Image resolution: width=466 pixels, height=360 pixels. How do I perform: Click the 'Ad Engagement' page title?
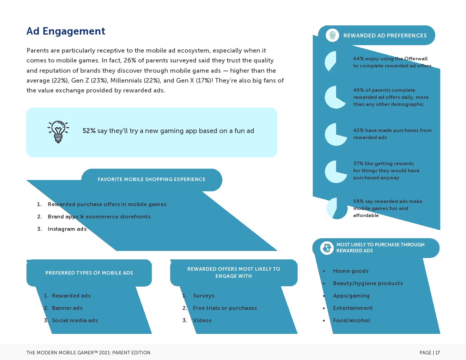(x=66, y=31)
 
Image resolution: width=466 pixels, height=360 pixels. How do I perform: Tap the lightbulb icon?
(x=58, y=132)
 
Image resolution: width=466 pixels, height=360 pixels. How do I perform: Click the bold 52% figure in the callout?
(x=89, y=131)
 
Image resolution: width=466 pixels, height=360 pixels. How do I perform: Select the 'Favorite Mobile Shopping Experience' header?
(x=151, y=179)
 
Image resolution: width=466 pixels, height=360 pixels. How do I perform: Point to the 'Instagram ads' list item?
(x=67, y=229)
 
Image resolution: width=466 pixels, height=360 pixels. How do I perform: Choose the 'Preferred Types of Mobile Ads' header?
(x=89, y=273)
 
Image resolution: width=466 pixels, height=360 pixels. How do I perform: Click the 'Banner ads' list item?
(x=67, y=308)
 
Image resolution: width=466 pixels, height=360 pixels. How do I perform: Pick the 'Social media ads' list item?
(x=74, y=320)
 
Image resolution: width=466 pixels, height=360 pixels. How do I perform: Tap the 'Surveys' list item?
(x=204, y=296)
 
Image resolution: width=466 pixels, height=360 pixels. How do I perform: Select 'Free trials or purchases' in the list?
(x=225, y=308)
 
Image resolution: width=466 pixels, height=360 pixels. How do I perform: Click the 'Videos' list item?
(x=202, y=320)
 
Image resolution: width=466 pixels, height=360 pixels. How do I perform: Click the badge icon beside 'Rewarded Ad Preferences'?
(x=332, y=35)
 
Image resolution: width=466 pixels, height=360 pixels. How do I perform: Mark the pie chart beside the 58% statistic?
(x=337, y=208)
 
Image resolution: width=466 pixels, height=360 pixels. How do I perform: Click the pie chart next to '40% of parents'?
(x=336, y=97)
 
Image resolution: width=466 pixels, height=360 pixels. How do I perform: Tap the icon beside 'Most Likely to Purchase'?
(x=327, y=248)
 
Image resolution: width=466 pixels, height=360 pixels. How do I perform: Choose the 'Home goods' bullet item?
(x=351, y=271)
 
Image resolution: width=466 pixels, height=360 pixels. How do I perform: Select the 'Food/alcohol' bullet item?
(x=351, y=320)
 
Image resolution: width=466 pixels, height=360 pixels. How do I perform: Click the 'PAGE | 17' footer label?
(x=430, y=353)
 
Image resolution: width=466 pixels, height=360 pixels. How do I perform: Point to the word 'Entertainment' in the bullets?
(x=353, y=308)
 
